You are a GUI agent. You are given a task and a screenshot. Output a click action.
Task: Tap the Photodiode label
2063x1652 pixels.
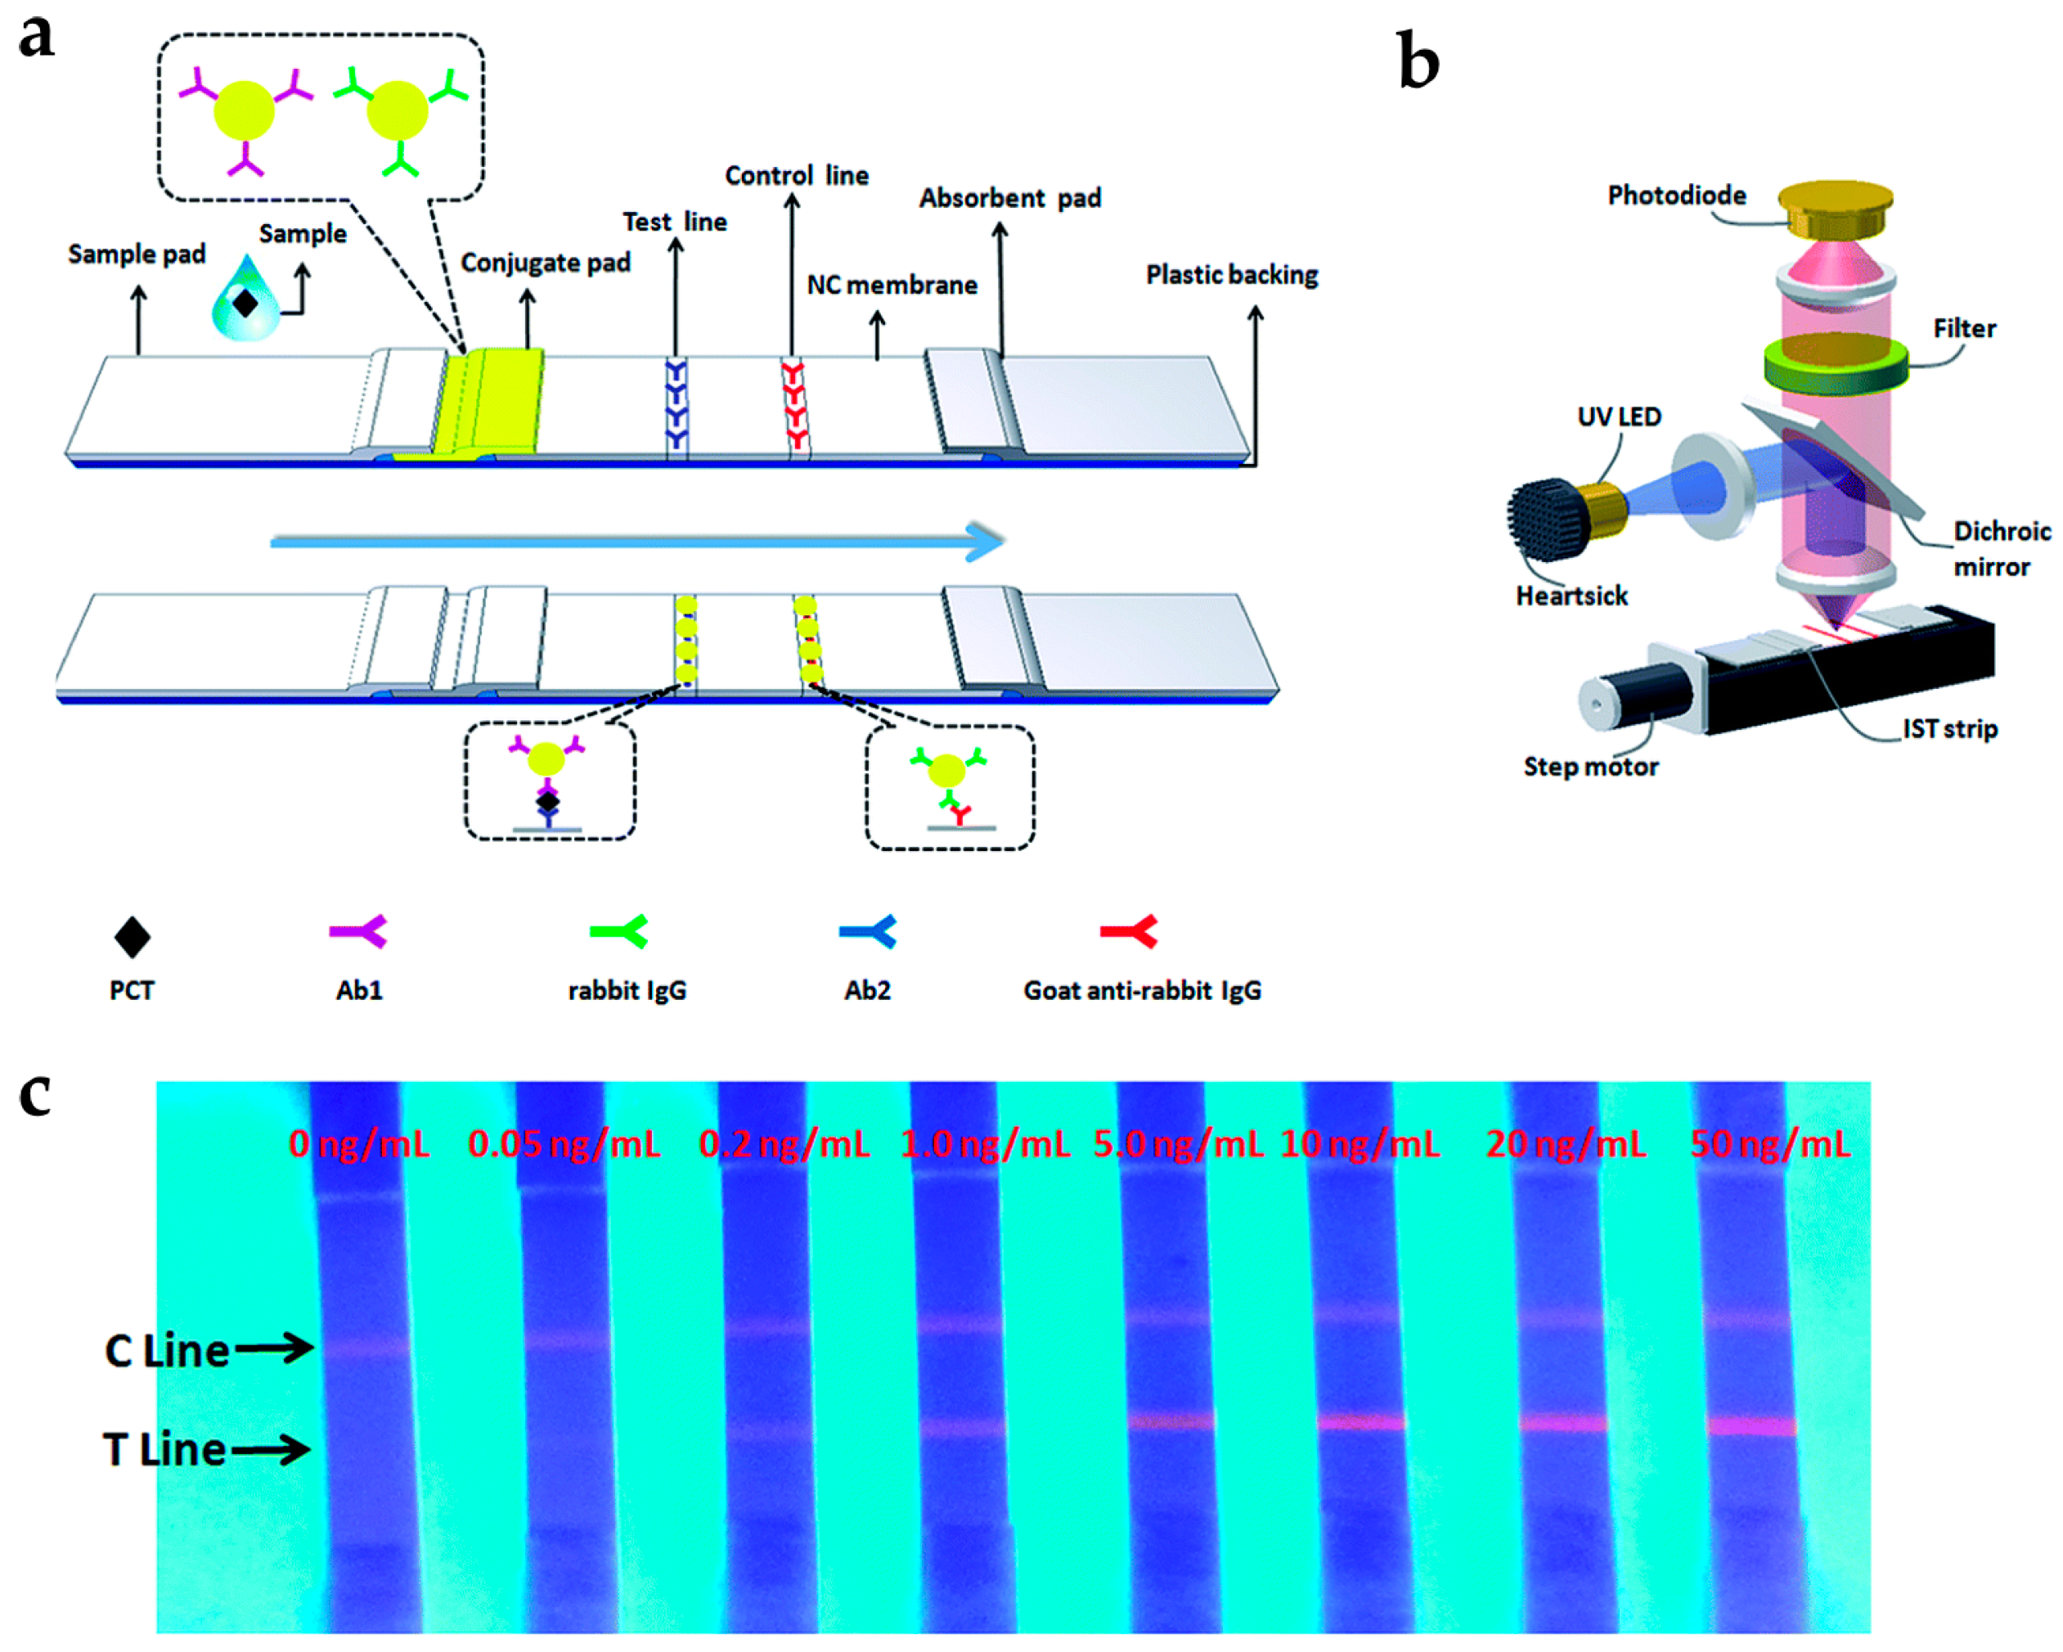point(1675,196)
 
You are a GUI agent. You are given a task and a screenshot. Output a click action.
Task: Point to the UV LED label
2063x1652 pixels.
point(1618,416)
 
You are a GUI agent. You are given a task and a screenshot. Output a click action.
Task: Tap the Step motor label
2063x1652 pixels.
point(1590,767)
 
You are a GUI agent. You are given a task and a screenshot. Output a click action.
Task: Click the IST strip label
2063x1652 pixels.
point(1949,728)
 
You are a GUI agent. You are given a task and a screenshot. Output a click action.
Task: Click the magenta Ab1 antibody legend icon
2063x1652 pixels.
point(357,931)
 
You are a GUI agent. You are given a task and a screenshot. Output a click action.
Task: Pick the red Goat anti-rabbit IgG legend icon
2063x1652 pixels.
point(1129,931)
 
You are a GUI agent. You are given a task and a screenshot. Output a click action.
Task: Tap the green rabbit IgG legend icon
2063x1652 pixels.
point(619,931)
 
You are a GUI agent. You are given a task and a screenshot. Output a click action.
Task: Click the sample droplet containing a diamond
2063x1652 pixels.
point(246,300)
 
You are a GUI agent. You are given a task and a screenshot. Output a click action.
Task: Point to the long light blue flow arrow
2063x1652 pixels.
point(636,542)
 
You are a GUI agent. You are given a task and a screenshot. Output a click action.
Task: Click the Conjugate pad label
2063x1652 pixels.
point(546,263)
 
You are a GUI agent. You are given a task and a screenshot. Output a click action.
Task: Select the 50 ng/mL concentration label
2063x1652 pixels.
point(1769,1144)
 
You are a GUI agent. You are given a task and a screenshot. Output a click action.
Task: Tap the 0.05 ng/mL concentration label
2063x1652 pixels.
point(564,1144)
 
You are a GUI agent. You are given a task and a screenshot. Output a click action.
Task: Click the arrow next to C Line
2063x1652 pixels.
point(275,1348)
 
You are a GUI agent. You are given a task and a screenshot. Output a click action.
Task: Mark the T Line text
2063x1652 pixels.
point(164,1449)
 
